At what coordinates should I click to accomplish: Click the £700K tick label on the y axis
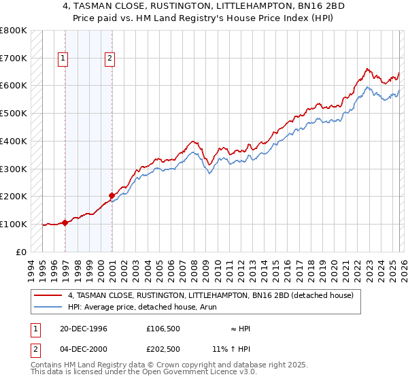click(x=14, y=58)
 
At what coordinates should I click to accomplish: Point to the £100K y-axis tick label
click(x=14, y=224)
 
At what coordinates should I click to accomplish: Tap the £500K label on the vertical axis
click(x=14, y=113)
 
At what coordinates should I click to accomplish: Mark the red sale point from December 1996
click(x=65, y=222)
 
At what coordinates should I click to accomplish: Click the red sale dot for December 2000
click(x=112, y=195)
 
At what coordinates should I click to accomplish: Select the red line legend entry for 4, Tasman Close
click(x=210, y=296)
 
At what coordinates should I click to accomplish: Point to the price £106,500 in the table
click(x=163, y=329)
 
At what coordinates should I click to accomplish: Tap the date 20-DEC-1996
click(x=79, y=329)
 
